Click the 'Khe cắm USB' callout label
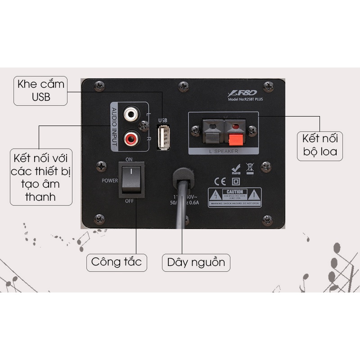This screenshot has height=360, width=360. pyautogui.click(x=40, y=90)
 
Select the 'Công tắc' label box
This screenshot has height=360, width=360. pyautogui.click(x=117, y=261)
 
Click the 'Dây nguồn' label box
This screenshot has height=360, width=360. pyautogui.click(x=196, y=262)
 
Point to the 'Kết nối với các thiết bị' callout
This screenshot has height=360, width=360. pyautogui.click(x=41, y=178)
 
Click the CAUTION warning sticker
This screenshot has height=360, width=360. pyautogui.click(x=234, y=197)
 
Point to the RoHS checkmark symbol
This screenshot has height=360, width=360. pyautogui.click(x=235, y=169)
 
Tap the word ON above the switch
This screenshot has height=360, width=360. pyautogui.click(x=129, y=160)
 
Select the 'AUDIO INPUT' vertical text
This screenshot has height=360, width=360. pyautogui.click(x=114, y=126)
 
